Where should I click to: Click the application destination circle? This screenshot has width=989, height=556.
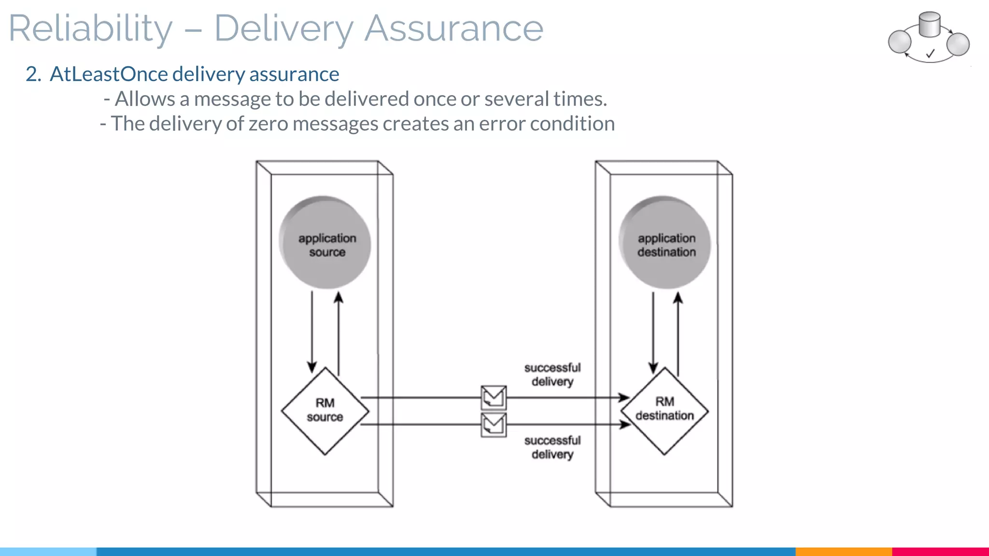point(665,243)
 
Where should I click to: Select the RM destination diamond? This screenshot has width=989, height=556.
point(664,411)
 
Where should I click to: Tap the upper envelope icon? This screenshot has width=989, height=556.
point(494,398)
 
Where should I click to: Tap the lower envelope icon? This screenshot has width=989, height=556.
point(494,425)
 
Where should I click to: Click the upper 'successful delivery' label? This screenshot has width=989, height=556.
point(552,375)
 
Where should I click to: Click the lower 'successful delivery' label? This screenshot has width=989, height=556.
point(552,447)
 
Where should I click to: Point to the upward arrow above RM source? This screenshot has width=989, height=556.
point(339,333)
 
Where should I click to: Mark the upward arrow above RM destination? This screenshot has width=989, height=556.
point(678,333)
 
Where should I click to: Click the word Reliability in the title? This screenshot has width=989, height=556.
point(90,29)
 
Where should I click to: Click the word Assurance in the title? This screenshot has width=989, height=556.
point(453,29)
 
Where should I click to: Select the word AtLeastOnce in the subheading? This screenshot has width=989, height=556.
point(109,74)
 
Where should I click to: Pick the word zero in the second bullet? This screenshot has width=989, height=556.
point(268,124)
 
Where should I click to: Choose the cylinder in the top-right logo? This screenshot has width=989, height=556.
point(929,25)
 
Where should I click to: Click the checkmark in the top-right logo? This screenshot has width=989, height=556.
point(930,54)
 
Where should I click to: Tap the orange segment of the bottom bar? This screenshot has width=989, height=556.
point(843,551)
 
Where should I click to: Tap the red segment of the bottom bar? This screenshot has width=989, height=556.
point(940,551)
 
